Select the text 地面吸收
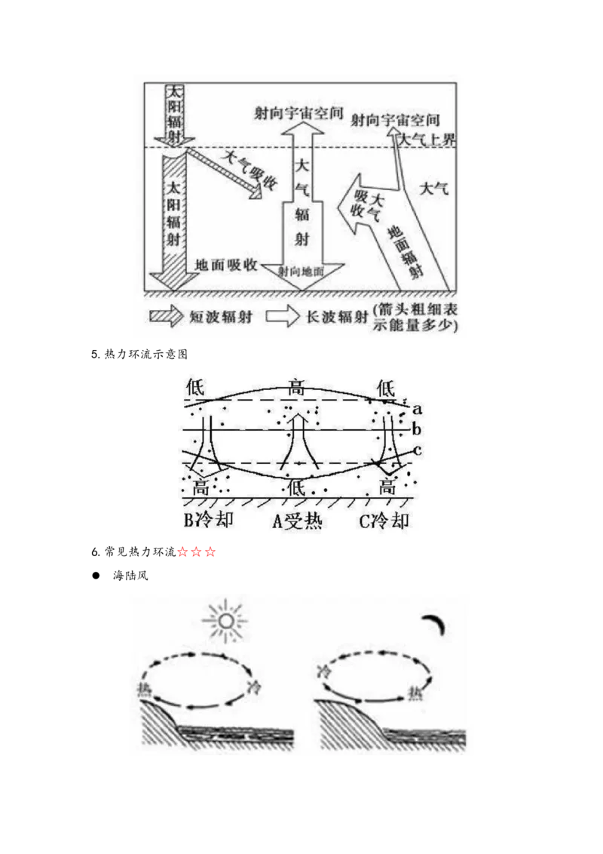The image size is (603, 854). pos(226,265)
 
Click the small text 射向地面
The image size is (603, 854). pos(301,272)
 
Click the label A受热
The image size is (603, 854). pos(297,521)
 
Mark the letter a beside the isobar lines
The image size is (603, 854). pos(416,407)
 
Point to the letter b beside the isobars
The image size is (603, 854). pos(416,429)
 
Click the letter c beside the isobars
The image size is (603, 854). pos(416,450)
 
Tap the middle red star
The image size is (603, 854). pos(196,553)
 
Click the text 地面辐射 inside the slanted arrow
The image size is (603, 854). pos(407,250)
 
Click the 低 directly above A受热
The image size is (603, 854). pos(296,487)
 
